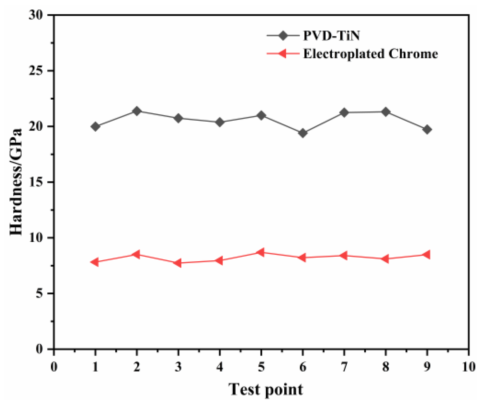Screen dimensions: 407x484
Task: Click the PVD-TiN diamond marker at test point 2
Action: pos(137,111)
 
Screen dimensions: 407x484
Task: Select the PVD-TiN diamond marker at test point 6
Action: pos(303,133)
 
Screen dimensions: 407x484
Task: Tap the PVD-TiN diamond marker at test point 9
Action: pos(427,130)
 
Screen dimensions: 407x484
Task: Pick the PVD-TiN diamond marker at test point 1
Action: pos(95,126)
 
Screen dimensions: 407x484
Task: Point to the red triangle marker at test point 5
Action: pos(260,252)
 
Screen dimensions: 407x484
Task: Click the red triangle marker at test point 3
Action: pos(178,263)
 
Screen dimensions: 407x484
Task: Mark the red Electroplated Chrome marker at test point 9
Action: pos(427,255)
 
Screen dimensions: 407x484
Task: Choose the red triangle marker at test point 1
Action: pos(95,262)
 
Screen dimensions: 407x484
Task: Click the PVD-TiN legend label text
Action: pos(331,36)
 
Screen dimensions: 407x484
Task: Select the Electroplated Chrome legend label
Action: pos(370,54)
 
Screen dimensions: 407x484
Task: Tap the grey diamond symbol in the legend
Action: pos(283,36)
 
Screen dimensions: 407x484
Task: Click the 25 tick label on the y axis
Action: pos(36,71)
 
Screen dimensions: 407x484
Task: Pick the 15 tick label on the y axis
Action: pos(36,182)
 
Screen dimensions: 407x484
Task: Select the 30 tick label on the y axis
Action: pos(36,15)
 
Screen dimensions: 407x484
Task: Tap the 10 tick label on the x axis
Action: pos(468,367)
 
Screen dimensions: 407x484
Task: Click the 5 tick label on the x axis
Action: pos(261,367)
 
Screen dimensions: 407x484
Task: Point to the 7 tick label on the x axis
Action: pos(344,367)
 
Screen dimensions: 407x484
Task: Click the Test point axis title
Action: pos(265,390)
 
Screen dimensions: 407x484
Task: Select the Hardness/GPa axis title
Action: pos(16,182)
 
